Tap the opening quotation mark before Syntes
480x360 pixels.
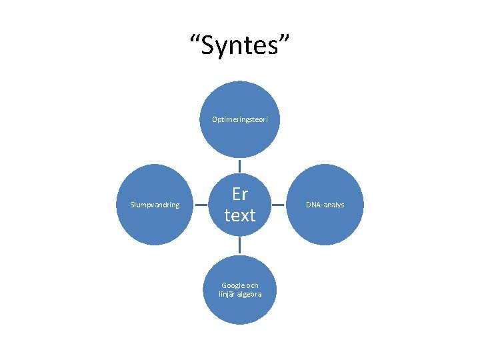point(195,41)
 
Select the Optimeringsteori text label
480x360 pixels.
point(240,120)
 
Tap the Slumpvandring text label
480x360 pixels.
point(155,205)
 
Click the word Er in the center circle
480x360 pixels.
point(240,194)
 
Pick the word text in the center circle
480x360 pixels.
point(240,215)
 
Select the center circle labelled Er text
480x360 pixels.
point(240,230)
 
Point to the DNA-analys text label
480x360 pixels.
point(325,205)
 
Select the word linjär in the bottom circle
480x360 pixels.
point(227,294)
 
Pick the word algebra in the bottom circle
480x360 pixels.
point(249,294)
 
